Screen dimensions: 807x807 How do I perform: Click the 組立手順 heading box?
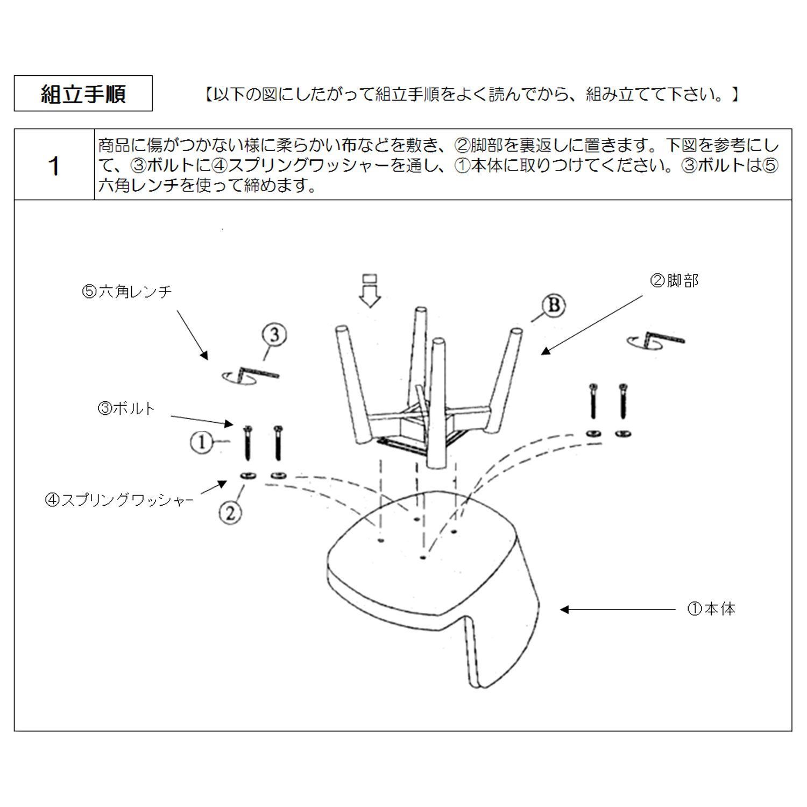83,94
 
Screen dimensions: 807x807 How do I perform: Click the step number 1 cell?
54,165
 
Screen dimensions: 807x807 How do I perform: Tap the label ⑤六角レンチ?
127,292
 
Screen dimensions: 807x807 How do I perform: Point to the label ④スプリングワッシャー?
120,500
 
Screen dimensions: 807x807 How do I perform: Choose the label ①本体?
711,609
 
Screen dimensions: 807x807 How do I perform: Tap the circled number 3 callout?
274,335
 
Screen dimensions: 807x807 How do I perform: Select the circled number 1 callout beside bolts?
202,443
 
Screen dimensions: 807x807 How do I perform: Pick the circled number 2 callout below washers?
230,512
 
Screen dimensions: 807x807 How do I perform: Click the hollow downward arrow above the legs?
370,291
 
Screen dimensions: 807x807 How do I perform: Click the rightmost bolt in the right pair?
624,401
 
